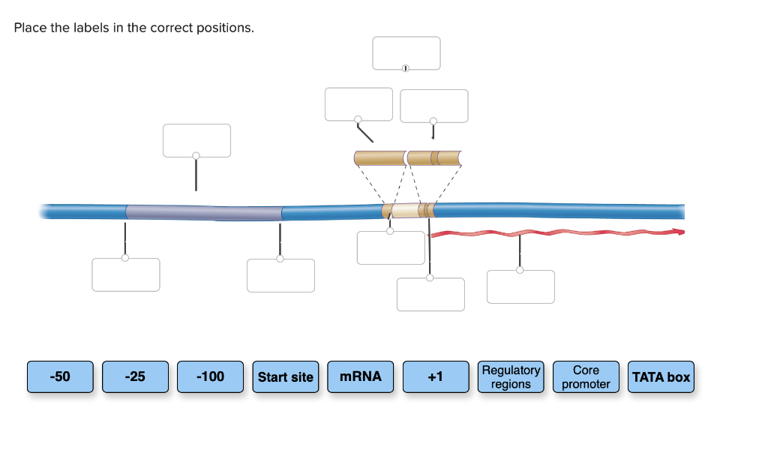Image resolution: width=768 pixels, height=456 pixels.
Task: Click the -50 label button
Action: point(60,376)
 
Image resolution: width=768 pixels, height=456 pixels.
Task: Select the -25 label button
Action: point(135,376)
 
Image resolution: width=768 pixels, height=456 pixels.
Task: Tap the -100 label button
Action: point(210,376)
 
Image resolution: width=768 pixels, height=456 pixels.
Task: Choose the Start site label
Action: point(286,376)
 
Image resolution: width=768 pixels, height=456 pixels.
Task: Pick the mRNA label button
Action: point(361,376)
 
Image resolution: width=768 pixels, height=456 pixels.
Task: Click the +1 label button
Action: point(436,376)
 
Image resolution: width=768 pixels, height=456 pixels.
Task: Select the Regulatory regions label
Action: point(511,376)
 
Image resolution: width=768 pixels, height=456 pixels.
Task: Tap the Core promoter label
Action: point(586,376)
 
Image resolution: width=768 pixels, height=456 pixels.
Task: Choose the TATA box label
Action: point(661,376)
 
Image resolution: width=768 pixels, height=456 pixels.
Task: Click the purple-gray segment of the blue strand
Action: point(204,212)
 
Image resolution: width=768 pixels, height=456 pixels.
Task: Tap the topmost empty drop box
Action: point(406,53)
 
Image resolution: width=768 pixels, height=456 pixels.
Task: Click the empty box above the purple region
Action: point(197,140)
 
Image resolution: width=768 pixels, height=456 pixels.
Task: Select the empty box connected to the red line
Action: point(520,286)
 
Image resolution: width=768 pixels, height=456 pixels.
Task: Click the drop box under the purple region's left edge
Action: point(126,274)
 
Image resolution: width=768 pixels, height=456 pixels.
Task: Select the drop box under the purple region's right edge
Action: point(280,276)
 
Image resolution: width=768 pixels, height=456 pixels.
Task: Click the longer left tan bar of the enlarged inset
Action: point(380,158)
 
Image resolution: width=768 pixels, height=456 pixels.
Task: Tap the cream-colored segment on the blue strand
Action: point(406,211)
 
